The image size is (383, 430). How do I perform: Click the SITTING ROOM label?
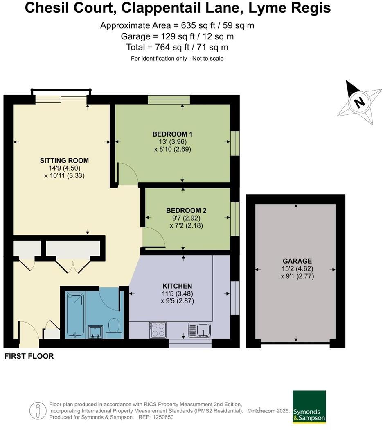point(64,160)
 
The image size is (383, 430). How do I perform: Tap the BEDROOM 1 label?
point(172,134)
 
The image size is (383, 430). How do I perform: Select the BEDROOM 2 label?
point(186,210)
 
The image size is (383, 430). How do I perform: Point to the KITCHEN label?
point(177,286)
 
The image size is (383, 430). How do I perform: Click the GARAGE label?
point(297,261)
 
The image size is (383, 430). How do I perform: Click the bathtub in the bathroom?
point(75,314)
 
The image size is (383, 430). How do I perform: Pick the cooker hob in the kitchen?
point(158,330)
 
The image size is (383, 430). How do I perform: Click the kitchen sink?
point(199,329)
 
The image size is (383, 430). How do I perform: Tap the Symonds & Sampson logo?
point(309,407)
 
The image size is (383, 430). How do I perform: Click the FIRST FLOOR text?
point(29,356)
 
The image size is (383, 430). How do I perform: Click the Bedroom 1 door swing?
point(127,172)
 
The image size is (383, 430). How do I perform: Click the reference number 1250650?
point(163,417)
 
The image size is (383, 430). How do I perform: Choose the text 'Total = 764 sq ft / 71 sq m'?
point(177,47)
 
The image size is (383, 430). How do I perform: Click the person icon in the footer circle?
point(38,410)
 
